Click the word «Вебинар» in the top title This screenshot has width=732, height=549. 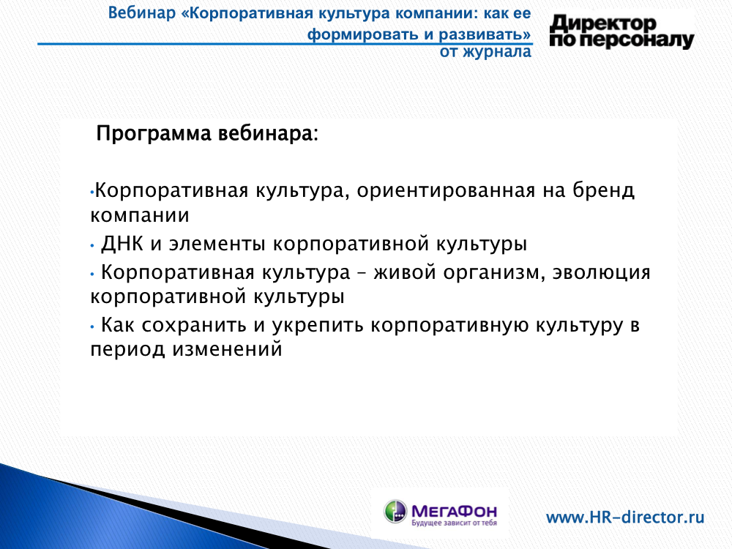pyautogui.click(x=141, y=13)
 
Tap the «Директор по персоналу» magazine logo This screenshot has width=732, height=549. pyautogui.click(x=621, y=31)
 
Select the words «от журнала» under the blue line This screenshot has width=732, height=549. pyautogui.click(x=485, y=52)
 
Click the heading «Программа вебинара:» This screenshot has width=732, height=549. pyautogui.click(x=207, y=133)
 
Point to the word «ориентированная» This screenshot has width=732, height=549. pyautogui.click(x=446, y=190)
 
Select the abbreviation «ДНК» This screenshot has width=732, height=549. pyautogui.click(x=122, y=244)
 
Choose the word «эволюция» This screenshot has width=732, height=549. pyautogui.click(x=601, y=272)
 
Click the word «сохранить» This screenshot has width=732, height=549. pyautogui.click(x=194, y=326)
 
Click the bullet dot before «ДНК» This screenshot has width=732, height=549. pyautogui.click(x=92, y=245)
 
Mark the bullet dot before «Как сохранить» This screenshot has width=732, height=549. pyautogui.click(x=92, y=326)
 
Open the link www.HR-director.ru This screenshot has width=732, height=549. pyautogui.click(x=625, y=518)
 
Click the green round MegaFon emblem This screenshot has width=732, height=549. pyautogui.click(x=395, y=511)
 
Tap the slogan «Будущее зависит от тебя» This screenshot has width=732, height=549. pyautogui.click(x=455, y=523)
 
